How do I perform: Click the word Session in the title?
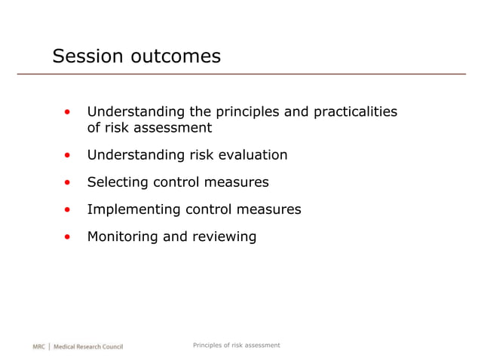86,56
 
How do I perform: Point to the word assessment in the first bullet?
174,128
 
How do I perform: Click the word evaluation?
253,155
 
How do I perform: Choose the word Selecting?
118,182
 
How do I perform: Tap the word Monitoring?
123,236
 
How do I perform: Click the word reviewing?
223,236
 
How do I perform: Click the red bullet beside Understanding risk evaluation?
68,156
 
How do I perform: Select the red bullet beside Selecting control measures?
68,183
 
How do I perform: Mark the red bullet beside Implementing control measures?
68,210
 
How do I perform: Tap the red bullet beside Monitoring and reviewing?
68,237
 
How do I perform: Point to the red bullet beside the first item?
68,113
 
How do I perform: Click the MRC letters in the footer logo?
38,346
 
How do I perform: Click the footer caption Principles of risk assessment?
236,345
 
